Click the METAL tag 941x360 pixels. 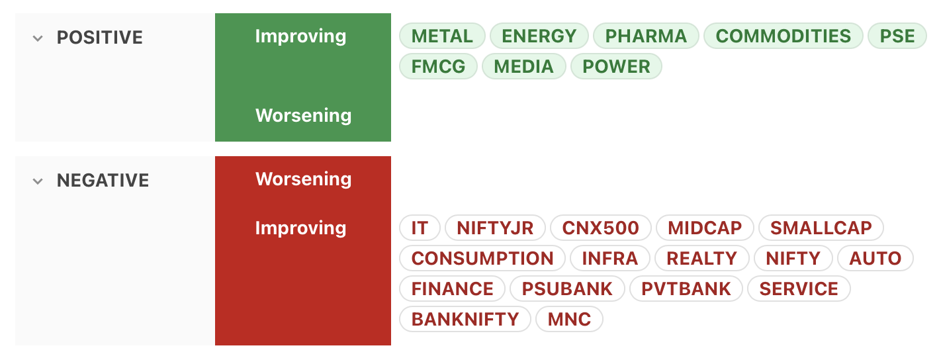(442, 36)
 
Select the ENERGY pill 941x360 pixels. (539, 36)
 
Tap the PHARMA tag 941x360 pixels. (646, 36)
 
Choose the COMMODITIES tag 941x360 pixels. (784, 36)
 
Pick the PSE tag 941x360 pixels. (897, 36)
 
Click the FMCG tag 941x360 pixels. (438, 66)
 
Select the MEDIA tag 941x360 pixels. (524, 66)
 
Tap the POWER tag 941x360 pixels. (616, 66)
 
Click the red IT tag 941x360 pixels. (420, 228)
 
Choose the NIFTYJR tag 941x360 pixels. (495, 228)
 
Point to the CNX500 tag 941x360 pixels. (601, 228)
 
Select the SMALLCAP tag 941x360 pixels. (821, 228)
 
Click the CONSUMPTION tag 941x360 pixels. (482, 258)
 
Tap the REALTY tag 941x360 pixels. (701, 258)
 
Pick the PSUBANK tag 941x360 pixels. (567, 289)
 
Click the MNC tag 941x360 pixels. (569, 319)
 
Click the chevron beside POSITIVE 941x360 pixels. (38, 38)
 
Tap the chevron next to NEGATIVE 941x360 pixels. (38, 181)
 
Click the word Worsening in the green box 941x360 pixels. (303, 116)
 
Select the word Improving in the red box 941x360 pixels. (301, 228)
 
